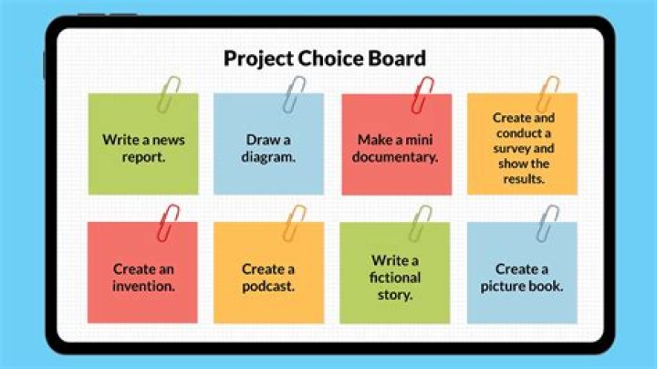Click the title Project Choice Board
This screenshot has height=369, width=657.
(325, 59)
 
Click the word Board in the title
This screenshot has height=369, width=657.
(395, 59)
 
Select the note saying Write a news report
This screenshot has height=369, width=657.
(142, 148)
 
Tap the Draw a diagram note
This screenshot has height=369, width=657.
(268, 148)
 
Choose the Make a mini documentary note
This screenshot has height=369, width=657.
(397, 148)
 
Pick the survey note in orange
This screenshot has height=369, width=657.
(523, 148)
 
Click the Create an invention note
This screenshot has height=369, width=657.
(142, 277)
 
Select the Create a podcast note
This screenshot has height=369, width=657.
(268, 277)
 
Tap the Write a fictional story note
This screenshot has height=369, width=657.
(395, 277)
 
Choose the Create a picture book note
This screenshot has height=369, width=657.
(522, 277)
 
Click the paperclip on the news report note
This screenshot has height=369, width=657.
(169, 94)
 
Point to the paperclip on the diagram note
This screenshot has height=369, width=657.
(295, 94)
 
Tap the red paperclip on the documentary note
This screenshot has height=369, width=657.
(422, 94)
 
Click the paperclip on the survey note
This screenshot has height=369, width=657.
(547, 94)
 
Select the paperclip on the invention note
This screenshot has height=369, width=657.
(169, 223)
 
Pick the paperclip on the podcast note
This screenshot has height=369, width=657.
(295, 223)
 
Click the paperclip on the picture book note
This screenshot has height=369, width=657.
(548, 223)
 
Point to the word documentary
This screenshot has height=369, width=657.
(397, 156)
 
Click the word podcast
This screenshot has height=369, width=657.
(268, 285)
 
